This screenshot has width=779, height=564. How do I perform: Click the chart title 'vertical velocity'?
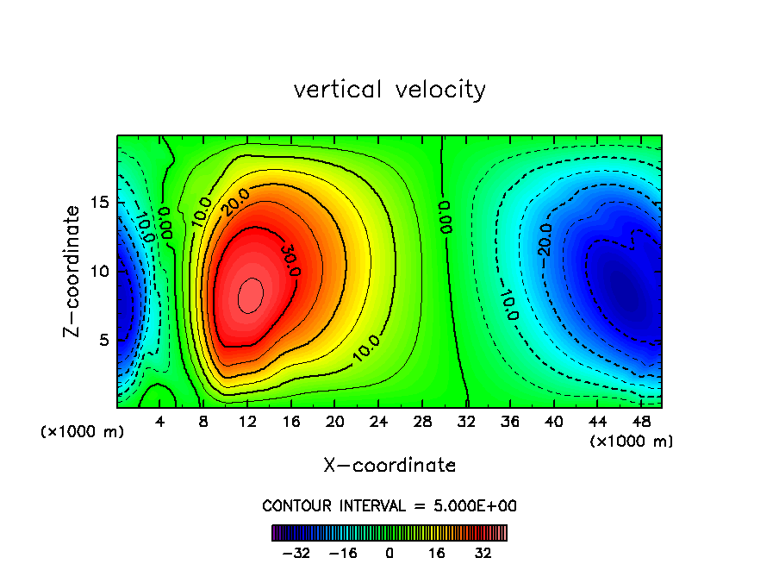(x=389, y=90)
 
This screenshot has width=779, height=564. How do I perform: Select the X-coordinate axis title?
(x=389, y=466)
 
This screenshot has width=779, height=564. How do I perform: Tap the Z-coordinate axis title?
(x=76, y=271)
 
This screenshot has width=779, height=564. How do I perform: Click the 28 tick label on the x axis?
(x=422, y=422)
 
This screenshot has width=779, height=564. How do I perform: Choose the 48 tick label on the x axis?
(x=640, y=422)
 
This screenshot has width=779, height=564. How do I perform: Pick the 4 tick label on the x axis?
(x=160, y=422)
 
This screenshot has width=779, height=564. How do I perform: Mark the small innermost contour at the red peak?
(x=250, y=295)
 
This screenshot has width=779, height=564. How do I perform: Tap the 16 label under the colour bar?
(x=436, y=553)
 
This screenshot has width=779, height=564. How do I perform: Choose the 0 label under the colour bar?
(x=389, y=553)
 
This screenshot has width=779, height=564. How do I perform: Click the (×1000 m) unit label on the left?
(x=82, y=432)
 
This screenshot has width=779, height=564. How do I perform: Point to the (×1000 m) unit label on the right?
(x=631, y=442)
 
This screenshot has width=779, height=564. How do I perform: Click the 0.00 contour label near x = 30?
(x=445, y=216)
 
